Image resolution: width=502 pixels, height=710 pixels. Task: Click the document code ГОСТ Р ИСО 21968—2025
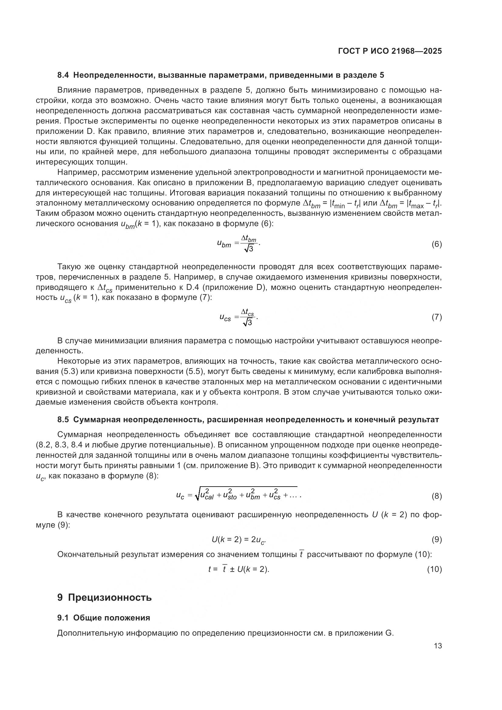coord(390,51)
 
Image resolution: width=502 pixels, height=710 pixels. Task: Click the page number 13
coord(438,646)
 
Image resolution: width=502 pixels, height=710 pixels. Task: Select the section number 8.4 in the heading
coord(63,75)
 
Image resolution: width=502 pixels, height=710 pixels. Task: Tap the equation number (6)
coord(436,244)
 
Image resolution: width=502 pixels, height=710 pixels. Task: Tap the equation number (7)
coord(436,317)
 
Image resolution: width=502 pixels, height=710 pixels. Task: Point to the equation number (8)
coord(436,496)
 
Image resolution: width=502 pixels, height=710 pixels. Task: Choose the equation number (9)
coord(436,540)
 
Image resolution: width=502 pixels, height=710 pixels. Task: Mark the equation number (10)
coord(434,569)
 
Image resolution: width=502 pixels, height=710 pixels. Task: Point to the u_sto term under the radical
coord(229,495)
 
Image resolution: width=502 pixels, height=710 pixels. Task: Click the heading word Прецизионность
coord(110,597)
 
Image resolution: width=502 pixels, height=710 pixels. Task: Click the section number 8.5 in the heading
coord(63,420)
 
